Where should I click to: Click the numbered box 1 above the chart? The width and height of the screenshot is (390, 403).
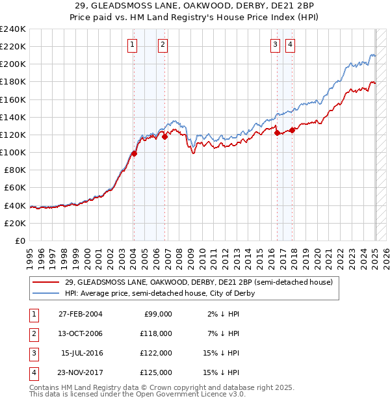[x=132, y=45]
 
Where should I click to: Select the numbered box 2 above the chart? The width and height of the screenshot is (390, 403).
[x=162, y=45]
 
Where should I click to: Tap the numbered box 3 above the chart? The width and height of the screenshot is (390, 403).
[x=275, y=45]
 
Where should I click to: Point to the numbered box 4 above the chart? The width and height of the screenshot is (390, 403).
[x=289, y=45]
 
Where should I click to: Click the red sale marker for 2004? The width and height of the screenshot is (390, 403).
[x=134, y=153]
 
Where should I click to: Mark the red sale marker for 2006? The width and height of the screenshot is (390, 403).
[x=165, y=136]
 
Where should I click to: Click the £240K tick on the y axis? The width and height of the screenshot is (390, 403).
[x=13, y=29]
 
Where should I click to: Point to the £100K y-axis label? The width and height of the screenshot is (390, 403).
[x=13, y=152]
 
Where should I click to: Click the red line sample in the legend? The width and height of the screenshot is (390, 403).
[x=45, y=282]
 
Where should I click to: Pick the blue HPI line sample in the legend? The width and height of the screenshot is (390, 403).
[x=45, y=293]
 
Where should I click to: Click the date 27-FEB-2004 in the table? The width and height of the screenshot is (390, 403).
[x=81, y=314]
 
